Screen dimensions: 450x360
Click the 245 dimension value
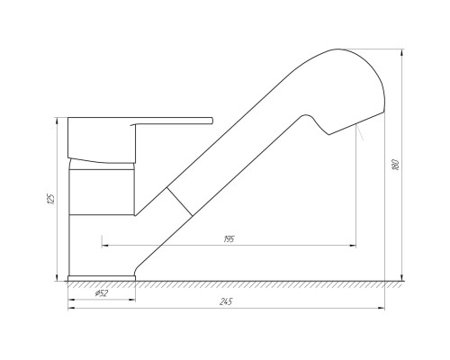click(x=226, y=301)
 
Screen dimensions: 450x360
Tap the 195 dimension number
click(x=229, y=239)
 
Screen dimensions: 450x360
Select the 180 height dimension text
click(x=396, y=165)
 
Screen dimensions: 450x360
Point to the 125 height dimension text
click(x=51, y=199)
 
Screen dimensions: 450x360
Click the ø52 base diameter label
click(x=102, y=293)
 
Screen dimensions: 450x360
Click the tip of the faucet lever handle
click(x=212, y=121)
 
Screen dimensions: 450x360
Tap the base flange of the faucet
click(x=102, y=278)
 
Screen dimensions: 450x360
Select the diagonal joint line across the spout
click(x=179, y=202)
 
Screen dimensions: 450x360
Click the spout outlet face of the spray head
click(x=356, y=123)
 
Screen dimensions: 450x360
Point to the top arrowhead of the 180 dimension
click(x=402, y=52)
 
